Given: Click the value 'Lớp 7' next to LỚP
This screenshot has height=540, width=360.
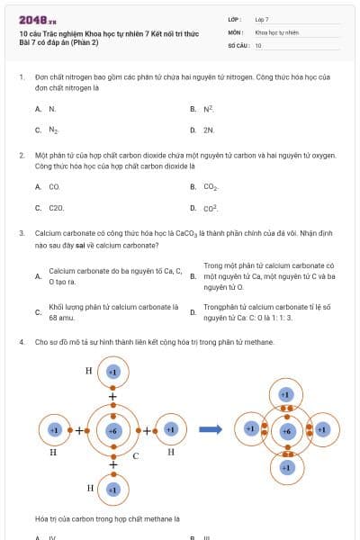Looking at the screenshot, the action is [262, 19].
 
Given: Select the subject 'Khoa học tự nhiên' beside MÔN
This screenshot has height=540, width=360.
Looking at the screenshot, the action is [276, 31].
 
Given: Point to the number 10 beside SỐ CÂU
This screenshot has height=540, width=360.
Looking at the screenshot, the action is [258, 45].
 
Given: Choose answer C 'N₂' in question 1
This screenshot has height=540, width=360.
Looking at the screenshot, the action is [53, 130].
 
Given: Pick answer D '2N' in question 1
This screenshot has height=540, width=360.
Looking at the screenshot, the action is [208, 130].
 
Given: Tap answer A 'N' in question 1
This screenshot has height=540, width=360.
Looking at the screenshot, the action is [52, 109].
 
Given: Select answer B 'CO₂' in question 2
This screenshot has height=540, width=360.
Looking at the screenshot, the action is [211, 187].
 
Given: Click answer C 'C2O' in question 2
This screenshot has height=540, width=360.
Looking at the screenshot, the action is [56, 208].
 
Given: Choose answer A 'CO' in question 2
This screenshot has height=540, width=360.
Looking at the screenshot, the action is [54, 187].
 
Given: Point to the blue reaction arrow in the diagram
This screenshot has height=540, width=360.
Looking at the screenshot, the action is [211, 429].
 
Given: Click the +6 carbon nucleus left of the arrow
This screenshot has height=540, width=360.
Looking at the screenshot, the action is [113, 430].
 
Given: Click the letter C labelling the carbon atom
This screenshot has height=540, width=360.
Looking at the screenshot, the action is [135, 455].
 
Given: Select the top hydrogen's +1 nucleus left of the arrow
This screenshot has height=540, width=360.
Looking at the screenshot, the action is [113, 371].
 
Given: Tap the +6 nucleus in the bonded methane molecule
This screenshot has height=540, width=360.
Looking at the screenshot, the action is [285, 431].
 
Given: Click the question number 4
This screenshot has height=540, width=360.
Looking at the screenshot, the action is [21, 342].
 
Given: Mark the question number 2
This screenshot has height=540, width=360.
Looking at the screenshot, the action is [21, 155].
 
